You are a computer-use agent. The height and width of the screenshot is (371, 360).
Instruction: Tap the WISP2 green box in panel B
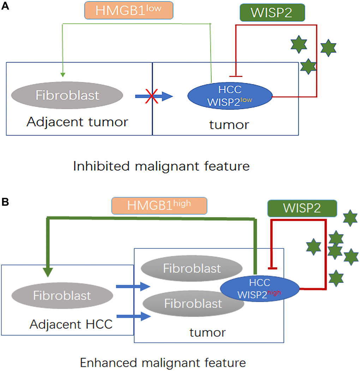301,208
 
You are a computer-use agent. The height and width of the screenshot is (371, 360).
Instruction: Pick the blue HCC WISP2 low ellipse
230,96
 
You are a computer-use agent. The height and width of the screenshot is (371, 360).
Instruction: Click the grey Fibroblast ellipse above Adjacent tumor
67,95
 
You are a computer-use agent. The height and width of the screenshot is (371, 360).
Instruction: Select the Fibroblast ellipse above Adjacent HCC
62,295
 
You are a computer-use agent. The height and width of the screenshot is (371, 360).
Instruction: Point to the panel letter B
5,202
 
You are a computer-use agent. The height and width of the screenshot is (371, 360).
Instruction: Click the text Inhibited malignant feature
161,166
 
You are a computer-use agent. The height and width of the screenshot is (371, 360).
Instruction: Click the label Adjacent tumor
77,122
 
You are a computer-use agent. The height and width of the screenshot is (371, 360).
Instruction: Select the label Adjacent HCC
71,324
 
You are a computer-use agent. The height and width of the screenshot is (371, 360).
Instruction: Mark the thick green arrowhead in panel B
48,272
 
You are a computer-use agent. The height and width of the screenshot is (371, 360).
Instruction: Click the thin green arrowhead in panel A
62,75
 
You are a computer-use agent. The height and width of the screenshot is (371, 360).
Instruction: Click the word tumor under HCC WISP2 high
208,332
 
